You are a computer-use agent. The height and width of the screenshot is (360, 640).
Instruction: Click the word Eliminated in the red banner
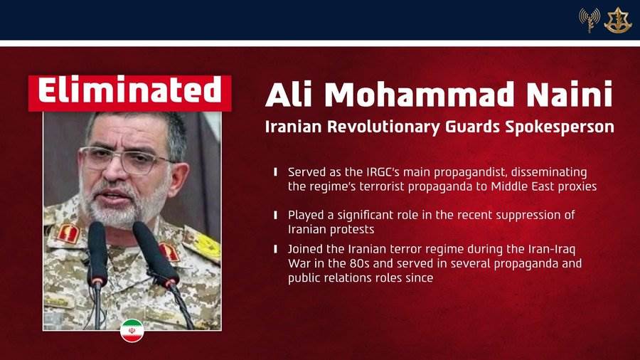pos(129,92)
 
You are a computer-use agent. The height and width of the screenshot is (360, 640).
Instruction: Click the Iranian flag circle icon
pos(132,330)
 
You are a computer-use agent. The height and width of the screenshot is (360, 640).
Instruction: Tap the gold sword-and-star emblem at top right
pos(618,20)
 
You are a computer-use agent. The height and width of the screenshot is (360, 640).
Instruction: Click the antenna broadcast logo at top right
pos(589,20)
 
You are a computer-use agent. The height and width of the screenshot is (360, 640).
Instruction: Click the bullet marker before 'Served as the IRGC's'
pos(275,172)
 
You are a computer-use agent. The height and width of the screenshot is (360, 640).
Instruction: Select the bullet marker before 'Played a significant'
pos(275,215)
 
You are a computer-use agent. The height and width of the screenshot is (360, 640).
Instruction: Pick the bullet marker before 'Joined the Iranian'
pos(275,249)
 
